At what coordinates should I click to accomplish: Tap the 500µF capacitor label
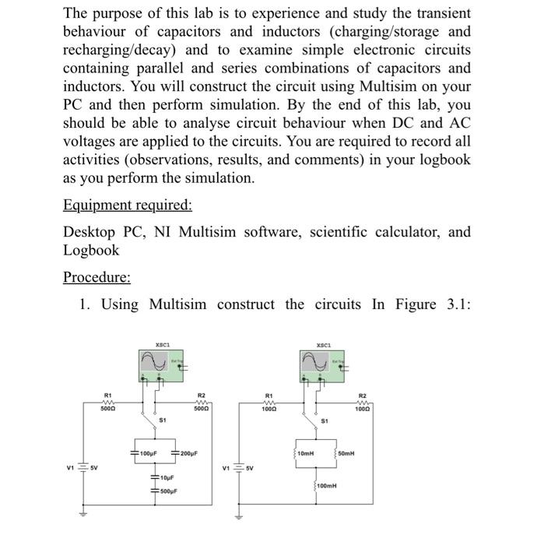coord(167,492)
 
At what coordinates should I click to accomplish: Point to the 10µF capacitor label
coord(165,479)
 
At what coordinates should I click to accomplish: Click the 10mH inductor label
coord(306,453)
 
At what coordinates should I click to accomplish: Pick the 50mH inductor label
coord(348,453)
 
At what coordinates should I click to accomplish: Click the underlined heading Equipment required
coord(127,205)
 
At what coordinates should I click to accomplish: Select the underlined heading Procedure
coord(97,277)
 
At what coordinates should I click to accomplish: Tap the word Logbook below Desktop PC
coord(91,250)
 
